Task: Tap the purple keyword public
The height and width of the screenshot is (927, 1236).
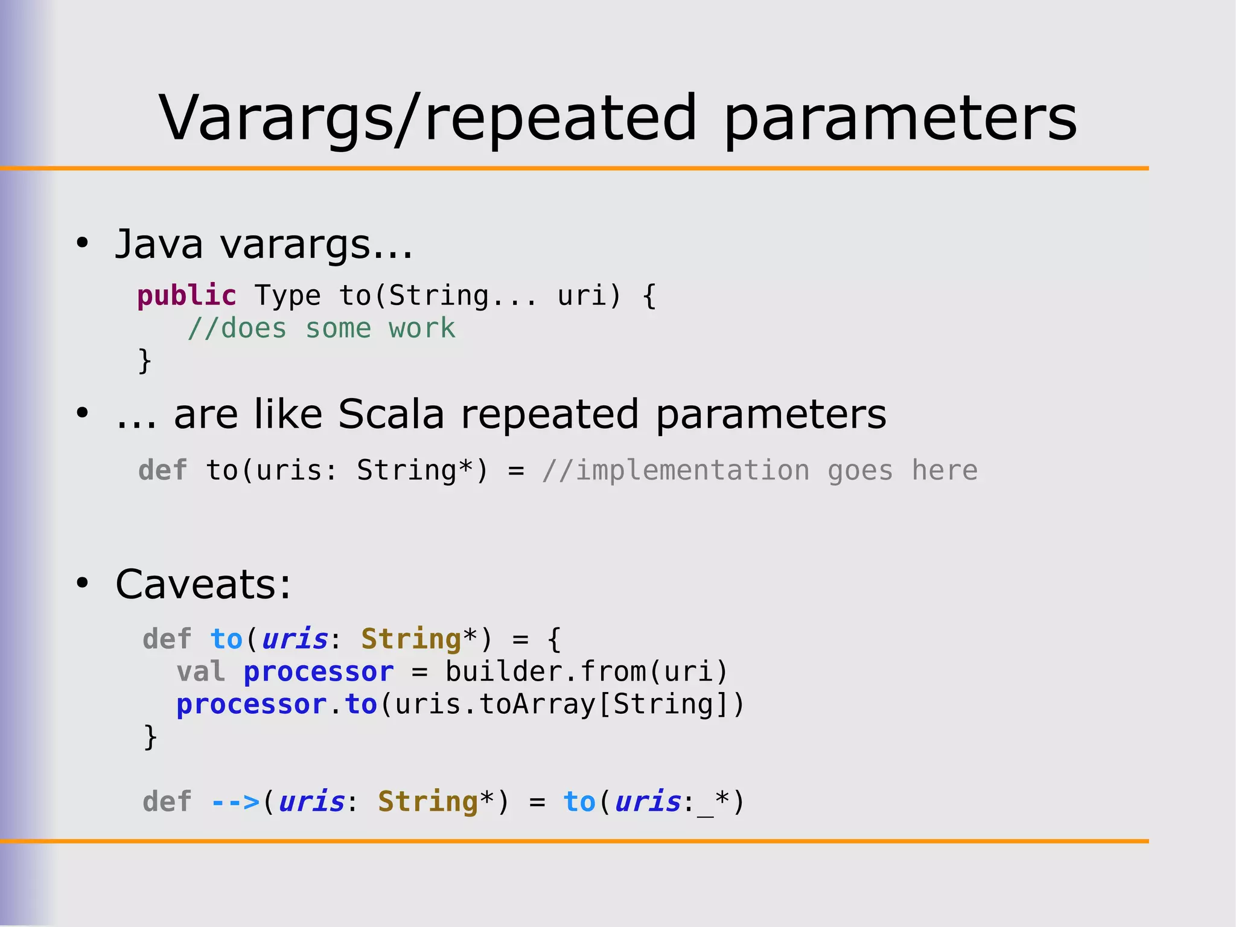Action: pyautogui.click(x=186, y=296)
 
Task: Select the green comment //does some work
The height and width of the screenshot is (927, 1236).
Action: pyautogui.click(x=321, y=329)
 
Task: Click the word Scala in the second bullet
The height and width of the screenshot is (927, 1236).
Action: pyautogui.click(x=390, y=414)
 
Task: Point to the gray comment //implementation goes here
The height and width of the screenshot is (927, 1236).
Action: pyautogui.click(x=759, y=470)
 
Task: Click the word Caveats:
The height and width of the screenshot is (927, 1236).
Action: pyautogui.click(x=203, y=585)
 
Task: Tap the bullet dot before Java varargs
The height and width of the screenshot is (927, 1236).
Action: pyautogui.click(x=83, y=243)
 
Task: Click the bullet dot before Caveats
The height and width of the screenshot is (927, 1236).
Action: pyautogui.click(x=83, y=583)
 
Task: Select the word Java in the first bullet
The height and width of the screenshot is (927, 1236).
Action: pyautogui.click(x=159, y=245)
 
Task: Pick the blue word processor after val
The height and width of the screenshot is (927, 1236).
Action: pyautogui.click(x=318, y=672)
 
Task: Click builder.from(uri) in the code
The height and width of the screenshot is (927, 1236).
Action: pyautogui.click(x=586, y=672)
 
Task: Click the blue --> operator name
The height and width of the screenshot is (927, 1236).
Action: pyautogui.click(x=235, y=803)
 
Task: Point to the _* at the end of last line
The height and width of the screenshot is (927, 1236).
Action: pyautogui.click(x=714, y=803)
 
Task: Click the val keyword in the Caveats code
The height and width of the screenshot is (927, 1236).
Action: pyautogui.click(x=200, y=672)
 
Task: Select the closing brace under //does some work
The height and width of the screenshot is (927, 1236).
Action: pyautogui.click(x=145, y=361)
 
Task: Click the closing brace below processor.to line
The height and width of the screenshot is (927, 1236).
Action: pyautogui.click(x=150, y=737)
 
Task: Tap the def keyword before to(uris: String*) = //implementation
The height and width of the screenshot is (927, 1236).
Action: pyautogui.click(x=162, y=470)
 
